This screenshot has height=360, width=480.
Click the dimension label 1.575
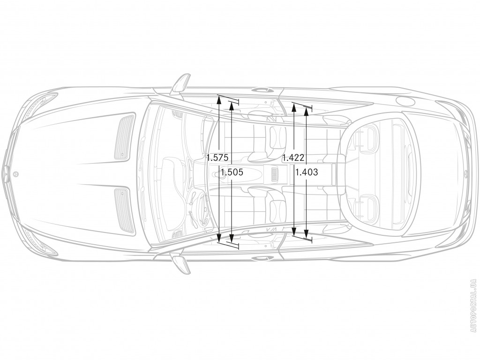coord(217,158)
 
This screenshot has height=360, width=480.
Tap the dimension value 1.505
coord(232,172)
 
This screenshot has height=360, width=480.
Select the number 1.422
coord(293,158)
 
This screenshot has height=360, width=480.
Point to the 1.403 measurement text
coord(307,172)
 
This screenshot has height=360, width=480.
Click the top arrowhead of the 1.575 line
coord(219,99)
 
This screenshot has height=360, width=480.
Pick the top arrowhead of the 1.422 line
coord(293,107)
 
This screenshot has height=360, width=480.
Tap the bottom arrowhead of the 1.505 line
coord(232,237)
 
